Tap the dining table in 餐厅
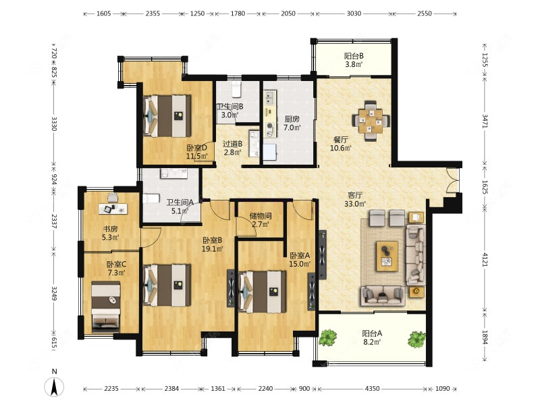(x=370, y=121)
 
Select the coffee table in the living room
(x=387, y=256)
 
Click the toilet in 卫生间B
(x=236, y=89)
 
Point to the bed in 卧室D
(x=167, y=115)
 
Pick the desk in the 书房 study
(x=113, y=209)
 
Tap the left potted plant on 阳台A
(x=327, y=337)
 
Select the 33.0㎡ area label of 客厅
(x=355, y=204)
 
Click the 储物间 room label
(x=261, y=216)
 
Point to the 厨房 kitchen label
(x=292, y=119)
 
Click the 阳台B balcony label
(x=354, y=56)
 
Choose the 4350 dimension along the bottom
(x=372, y=389)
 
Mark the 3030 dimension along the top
(x=354, y=13)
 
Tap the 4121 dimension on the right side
(x=485, y=259)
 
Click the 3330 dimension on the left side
(x=54, y=124)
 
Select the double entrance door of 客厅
(x=452, y=180)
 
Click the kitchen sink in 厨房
(x=269, y=97)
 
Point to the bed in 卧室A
(x=262, y=292)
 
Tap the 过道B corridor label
(x=232, y=144)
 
